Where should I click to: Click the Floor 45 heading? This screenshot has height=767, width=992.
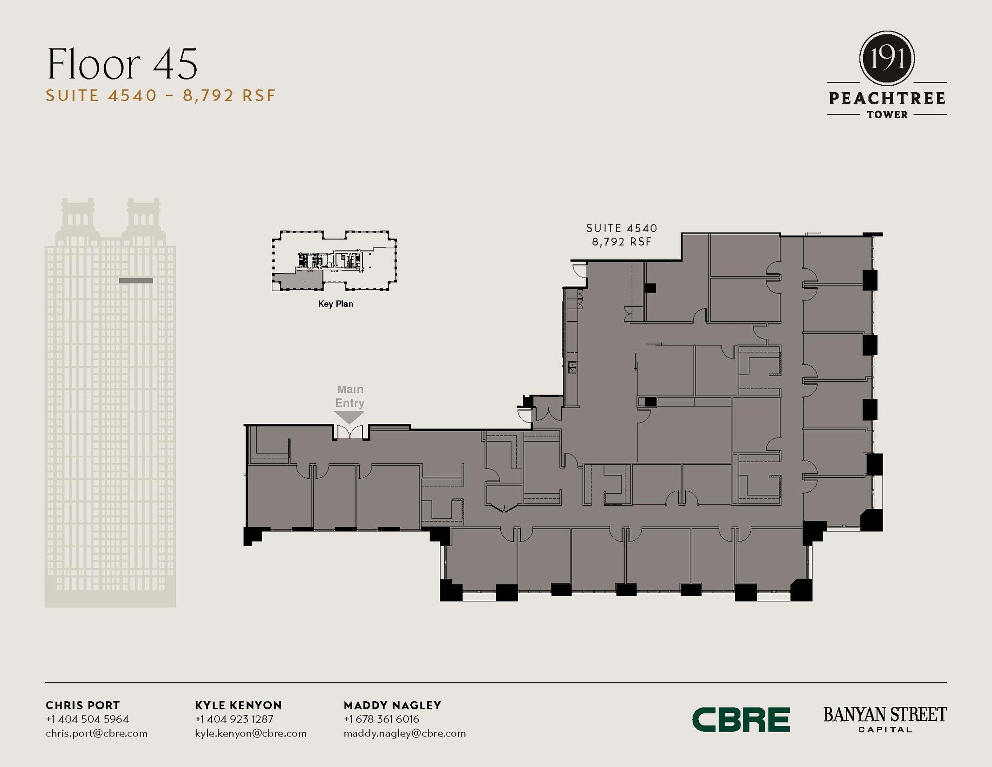122,64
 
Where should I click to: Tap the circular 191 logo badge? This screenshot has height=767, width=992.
886,59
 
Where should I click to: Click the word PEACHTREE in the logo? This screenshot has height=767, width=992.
886,98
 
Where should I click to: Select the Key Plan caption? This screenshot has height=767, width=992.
335,304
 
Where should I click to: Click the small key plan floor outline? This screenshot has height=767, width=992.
334,261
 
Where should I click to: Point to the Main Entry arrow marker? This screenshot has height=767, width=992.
349,417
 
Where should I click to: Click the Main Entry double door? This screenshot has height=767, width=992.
350,432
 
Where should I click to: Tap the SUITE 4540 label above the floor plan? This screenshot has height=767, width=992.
621,228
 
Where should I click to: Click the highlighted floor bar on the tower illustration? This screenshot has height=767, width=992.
136,281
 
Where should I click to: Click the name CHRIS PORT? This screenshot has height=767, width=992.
82,705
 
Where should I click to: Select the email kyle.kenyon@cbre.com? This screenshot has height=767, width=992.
250,733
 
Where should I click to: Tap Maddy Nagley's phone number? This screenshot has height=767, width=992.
381,719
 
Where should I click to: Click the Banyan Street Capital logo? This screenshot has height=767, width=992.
884,719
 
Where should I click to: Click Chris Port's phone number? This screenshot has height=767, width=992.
87,719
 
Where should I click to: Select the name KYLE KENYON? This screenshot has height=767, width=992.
238,705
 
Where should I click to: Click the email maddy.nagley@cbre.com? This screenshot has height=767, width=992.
404,733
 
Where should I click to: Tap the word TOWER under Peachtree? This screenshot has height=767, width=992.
887,115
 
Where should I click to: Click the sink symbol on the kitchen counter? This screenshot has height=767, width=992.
572,367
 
